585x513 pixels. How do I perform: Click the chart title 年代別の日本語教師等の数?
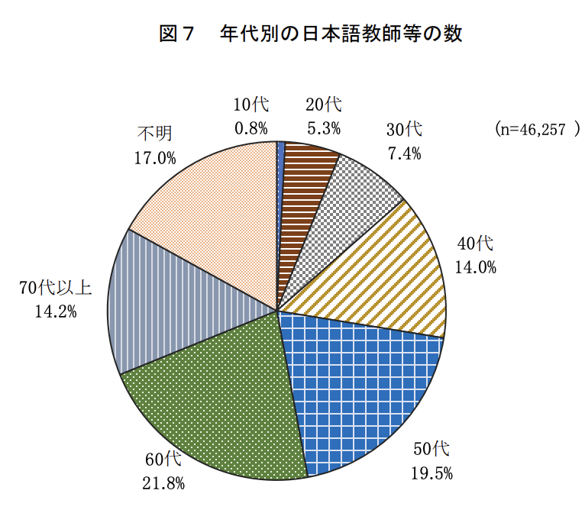[x=341, y=34]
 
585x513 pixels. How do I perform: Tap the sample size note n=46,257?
[x=538, y=129]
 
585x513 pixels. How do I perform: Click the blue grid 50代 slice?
[x=359, y=382]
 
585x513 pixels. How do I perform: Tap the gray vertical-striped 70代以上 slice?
[x=168, y=305]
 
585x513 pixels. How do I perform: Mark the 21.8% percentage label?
[x=163, y=482]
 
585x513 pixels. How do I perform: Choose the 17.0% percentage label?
[x=155, y=158]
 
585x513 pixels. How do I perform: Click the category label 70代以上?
[x=55, y=288]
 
